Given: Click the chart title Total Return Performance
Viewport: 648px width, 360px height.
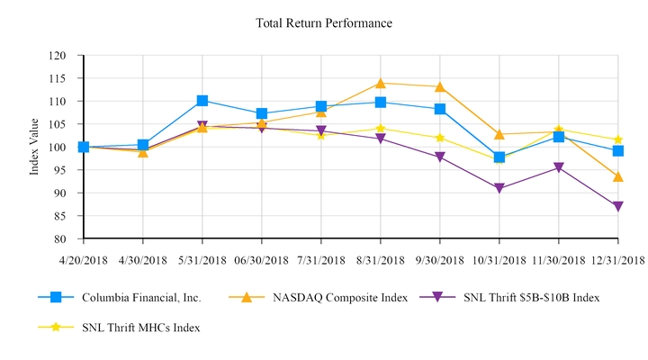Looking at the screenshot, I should [324, 22].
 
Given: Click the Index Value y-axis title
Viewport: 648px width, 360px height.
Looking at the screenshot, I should [34, 148].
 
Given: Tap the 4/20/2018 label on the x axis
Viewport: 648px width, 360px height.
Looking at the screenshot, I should [83, 260].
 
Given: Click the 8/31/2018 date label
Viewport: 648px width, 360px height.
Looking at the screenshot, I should [380, 260].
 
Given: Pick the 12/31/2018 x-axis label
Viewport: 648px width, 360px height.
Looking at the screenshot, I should [617, 260].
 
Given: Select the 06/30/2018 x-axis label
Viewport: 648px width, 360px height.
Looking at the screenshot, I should [261, 260].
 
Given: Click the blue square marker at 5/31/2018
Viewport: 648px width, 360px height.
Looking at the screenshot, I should [202, 101].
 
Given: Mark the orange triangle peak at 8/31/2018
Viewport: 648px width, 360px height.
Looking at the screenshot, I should [381, 83].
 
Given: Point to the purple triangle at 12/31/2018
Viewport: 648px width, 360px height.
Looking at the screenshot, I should [618, 207].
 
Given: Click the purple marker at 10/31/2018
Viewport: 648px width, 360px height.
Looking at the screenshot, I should [499, 189].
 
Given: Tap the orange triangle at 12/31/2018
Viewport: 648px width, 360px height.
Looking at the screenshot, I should [618, 176].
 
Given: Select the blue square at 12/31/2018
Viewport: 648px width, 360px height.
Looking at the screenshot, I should [618, 151].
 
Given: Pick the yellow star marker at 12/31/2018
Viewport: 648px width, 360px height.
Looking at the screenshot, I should [618, 139].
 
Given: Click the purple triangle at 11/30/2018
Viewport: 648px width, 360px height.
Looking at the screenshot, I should [559, 168].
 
